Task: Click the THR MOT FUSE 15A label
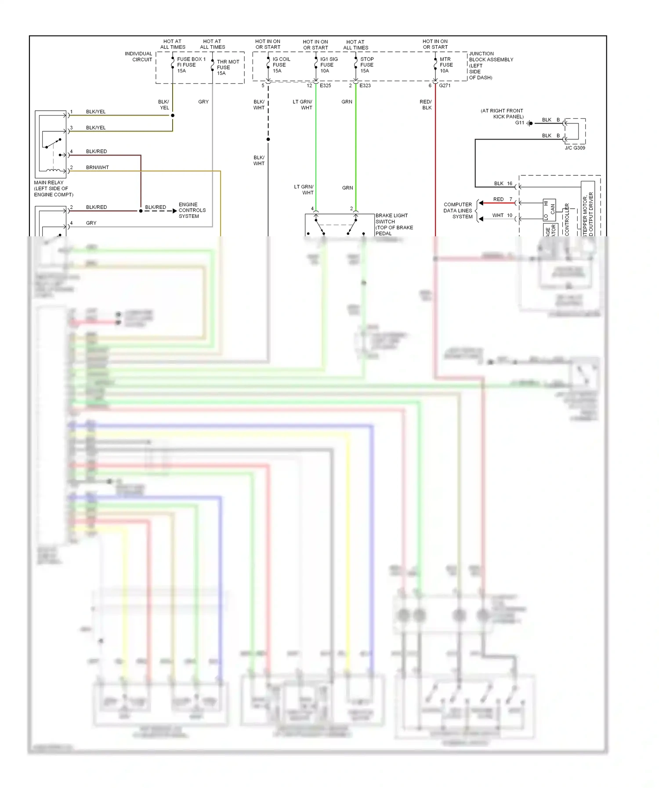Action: coord(228,67)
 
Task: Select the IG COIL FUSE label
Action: coord(281,65)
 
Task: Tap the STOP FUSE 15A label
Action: coord(366,65)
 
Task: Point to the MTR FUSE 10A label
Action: coord(445,65)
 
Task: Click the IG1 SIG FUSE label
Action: coord(329,65)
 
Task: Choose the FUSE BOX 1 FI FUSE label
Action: coord(191,65)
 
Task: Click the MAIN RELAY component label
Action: coord(53,188)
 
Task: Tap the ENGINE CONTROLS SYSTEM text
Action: coord(192,210)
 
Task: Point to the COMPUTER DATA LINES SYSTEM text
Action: coord(458,210)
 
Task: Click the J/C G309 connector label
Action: coord(575,148)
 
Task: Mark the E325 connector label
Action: coord(325,86)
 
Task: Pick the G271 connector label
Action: coord(445,86)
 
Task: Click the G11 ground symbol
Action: coord(530,123)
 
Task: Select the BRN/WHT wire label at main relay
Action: coord(97,167)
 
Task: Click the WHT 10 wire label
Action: coord(502,215)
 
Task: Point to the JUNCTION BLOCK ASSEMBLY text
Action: coord(490,65)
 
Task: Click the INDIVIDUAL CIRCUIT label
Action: coord(138,57)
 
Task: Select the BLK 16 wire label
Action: coord(503,184)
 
